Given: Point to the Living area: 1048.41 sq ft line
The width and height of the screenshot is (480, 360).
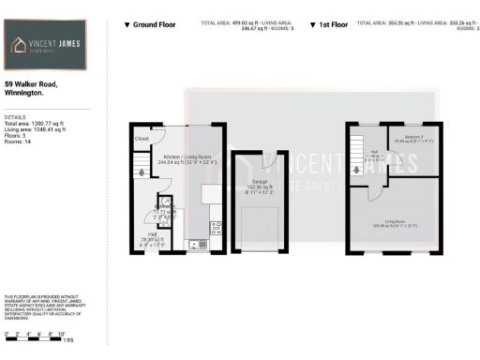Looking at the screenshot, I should tap(36, 129).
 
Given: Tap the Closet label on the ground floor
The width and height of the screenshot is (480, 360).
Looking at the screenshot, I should tap(142, 139).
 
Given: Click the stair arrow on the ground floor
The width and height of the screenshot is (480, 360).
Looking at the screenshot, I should tap(139, 171).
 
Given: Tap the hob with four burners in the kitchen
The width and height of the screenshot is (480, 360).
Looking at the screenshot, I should tap(216, 225).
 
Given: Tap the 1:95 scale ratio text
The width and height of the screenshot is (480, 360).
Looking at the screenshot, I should tap(68, 339).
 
